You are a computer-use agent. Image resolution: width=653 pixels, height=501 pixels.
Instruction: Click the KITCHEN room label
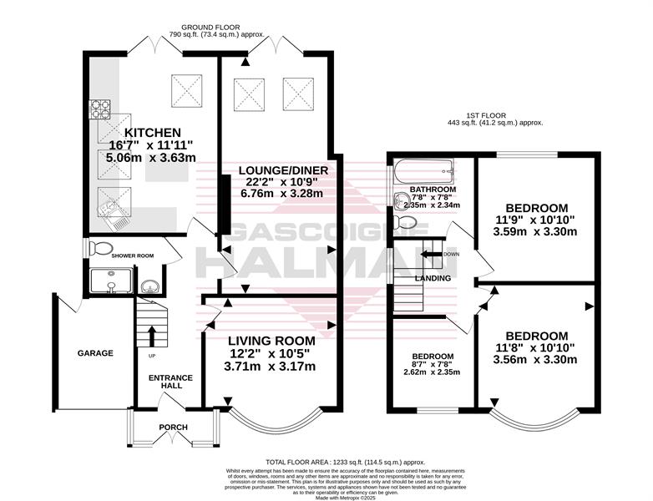point(153,133)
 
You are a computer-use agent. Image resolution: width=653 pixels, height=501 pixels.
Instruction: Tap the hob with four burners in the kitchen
point(100,109)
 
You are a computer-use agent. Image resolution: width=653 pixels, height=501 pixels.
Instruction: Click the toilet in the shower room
point(100,248)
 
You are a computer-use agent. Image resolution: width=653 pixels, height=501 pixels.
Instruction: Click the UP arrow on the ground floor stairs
point(152,336)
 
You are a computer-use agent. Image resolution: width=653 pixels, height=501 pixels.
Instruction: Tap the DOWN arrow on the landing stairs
point(431,254)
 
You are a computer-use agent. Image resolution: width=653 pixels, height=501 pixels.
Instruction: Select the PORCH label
point(173,427)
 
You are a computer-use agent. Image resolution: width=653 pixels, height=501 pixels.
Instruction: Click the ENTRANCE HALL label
point(170,382)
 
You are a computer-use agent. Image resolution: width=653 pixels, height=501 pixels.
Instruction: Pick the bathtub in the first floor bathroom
point(423,171)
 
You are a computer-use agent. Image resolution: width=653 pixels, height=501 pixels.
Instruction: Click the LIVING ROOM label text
point(271,341)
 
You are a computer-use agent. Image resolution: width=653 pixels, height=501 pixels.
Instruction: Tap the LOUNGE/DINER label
point(283,170)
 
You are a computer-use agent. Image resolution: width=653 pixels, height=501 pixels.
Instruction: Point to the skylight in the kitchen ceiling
point(186,91)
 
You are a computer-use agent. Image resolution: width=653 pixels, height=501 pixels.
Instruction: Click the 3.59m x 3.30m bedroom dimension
point(535,231)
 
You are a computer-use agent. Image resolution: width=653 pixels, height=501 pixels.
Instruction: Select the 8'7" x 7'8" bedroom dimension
point(433,364)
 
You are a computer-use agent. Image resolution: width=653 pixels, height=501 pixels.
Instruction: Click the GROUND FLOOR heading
point(210,28)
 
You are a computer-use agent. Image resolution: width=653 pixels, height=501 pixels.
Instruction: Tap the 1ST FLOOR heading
point(486,115)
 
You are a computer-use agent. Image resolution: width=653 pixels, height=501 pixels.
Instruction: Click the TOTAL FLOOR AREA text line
point(345,462)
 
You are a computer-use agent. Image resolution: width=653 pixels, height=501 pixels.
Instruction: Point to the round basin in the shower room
point(149,287)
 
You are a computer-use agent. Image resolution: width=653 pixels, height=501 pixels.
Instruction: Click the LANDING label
point(433,278)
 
